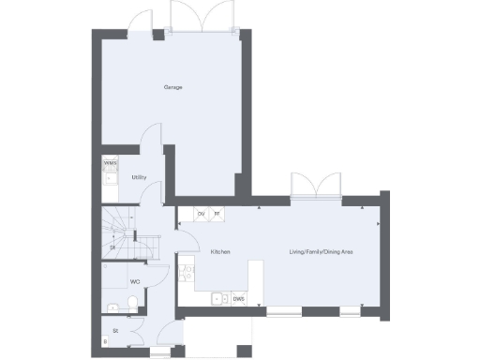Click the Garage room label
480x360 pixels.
[x=172, y=87]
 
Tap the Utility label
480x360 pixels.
[x=138, y=176]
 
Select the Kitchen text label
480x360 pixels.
[x=220, y=252]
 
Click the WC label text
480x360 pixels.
[x=135, y=281]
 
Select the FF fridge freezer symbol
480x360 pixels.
[x=217, y=214]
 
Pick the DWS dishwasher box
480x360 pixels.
[x=239, y=299]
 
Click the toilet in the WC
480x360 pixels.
[x=132, y=301]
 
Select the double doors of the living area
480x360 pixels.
[x=314, y=185]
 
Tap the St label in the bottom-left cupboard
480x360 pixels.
[x=115, y=330]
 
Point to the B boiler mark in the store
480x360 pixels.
[x=105, y=342]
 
